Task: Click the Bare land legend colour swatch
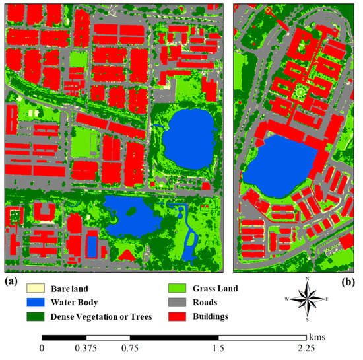coord(34,289)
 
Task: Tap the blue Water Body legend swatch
coord(34,303)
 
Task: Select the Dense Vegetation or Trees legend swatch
coord(34,316)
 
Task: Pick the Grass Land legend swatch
coord(175,289)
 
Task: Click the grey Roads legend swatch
coord(175,303)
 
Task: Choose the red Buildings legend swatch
coord(175,316)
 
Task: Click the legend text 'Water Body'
coord(75,303)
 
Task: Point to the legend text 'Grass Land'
coord(216,289)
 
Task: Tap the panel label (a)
coord(11,281)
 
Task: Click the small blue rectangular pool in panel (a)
coord(92,245)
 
